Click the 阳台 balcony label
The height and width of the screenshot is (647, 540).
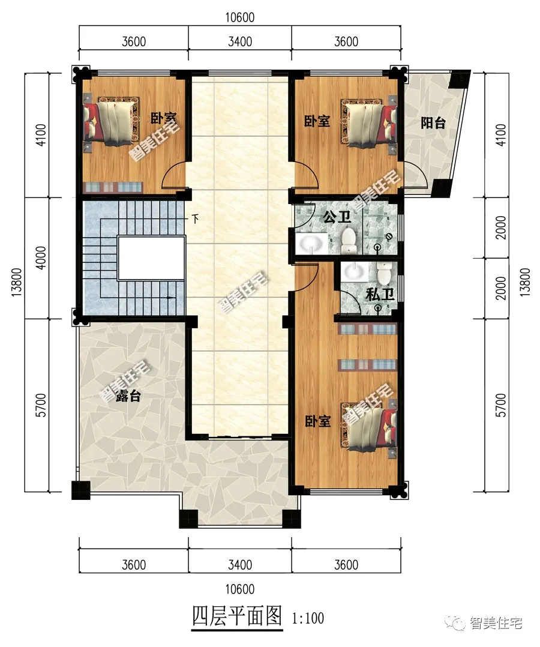433,123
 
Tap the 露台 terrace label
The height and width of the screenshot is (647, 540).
128,396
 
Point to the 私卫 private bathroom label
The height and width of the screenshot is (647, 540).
380,295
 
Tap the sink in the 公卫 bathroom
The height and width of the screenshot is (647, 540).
311,244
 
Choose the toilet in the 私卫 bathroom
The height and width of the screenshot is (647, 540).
383,272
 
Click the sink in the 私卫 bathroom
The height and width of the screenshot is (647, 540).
355,272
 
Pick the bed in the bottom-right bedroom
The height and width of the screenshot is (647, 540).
368,426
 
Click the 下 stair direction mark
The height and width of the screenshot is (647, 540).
196,218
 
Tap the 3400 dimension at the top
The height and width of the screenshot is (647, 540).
240,41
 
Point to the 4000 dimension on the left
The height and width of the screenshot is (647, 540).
41,258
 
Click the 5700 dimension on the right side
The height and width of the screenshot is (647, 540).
500,405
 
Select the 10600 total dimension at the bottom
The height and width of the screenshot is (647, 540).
240,589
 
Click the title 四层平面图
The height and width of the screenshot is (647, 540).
237,617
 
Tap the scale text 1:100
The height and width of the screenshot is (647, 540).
308,618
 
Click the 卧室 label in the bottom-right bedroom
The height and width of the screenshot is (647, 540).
317,421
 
